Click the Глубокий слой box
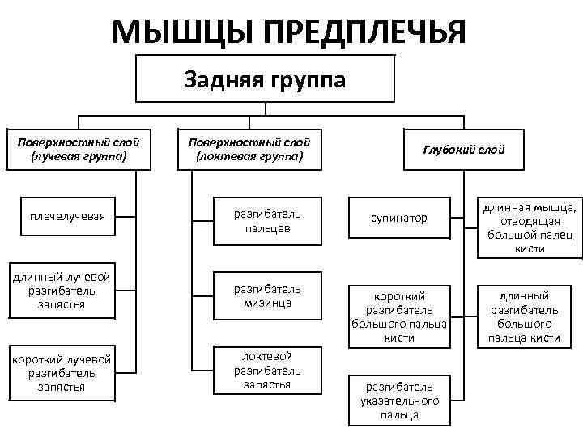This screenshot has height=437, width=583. click(463, 149)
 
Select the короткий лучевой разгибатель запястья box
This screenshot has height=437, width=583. click(62, 373)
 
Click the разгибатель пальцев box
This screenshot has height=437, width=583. click(266, 221)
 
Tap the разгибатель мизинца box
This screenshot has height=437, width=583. click(266, 295)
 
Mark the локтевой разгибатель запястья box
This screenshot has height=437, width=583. click(266, 370)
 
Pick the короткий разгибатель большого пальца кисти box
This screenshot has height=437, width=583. click(399, 316)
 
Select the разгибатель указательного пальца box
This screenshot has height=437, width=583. click(399, 401)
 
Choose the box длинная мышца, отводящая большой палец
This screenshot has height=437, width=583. click(530, 228)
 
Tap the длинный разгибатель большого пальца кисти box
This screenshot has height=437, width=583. click(530, 316)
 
